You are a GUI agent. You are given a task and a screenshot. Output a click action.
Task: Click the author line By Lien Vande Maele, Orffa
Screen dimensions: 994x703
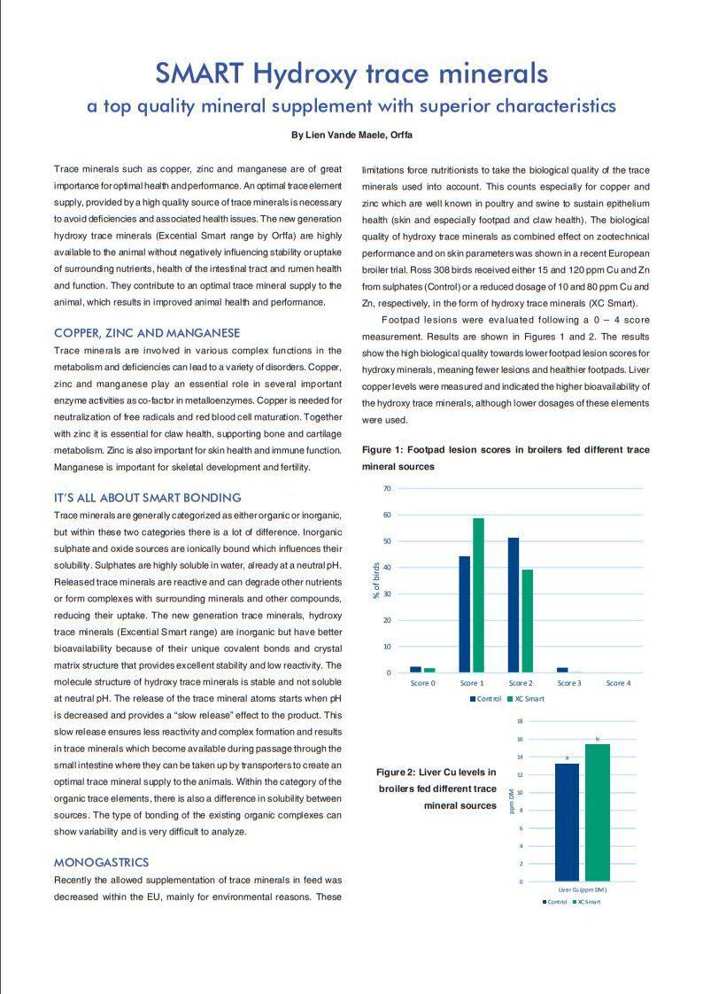pos(351,135)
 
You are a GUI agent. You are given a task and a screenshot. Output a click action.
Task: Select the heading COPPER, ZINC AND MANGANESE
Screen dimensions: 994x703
pos(147,333)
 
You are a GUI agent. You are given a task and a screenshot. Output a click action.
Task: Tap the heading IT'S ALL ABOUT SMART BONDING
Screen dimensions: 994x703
pos(147,498)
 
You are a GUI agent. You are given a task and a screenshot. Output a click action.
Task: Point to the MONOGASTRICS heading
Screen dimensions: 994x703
pos(101,862)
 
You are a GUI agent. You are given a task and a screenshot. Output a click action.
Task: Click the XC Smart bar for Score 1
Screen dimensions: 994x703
pos(478,595)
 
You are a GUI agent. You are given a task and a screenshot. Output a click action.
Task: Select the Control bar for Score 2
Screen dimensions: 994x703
pos(514,605)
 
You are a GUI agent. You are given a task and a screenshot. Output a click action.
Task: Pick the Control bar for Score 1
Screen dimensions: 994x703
pos(464,614)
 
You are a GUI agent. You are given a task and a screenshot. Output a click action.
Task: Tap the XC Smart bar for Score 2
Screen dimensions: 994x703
pos(528,621)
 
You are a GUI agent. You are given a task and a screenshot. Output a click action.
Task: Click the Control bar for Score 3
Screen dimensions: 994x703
pos(562,670)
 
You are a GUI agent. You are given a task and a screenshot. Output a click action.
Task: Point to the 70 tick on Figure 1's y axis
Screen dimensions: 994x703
pos(386,489)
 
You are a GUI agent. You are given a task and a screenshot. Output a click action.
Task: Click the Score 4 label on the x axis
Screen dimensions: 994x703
pos(618,684)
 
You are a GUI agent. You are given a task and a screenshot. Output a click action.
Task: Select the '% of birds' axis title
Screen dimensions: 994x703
pos(376,580)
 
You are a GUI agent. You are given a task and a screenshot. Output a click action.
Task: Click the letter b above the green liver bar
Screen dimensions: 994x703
pos(598,738)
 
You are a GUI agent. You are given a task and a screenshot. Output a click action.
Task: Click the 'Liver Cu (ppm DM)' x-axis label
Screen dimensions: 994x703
pos(582,889)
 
